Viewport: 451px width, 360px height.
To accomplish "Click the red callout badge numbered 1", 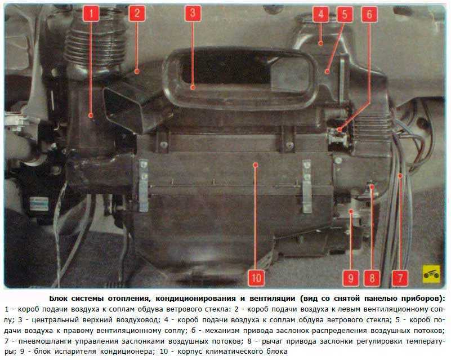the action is point(91,13).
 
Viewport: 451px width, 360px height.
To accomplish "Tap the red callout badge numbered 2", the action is point(137,13).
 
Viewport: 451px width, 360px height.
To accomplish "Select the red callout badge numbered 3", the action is point(193,13).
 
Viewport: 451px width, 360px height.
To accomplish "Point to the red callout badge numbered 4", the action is point(320,14).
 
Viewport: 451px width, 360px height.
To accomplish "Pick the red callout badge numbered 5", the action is point(345,14).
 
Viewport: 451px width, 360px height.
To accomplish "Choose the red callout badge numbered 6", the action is point(369,14).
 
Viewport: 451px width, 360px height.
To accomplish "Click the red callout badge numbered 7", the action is point(400,278).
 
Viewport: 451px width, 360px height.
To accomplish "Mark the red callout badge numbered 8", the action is point(372,278).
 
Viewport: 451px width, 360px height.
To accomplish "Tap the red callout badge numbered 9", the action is point(351,278).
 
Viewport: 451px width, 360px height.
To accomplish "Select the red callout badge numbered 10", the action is point(256,278).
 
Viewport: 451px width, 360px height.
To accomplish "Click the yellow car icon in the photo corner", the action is point(431,274).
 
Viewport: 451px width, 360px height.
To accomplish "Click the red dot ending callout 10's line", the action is point(256,165).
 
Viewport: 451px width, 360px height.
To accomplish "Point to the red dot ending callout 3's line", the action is point(193,87).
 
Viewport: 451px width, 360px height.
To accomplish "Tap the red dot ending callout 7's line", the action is point(400,175).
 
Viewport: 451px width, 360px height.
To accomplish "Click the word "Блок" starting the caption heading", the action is point(59,298).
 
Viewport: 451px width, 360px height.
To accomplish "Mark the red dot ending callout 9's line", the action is point(351,212).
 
